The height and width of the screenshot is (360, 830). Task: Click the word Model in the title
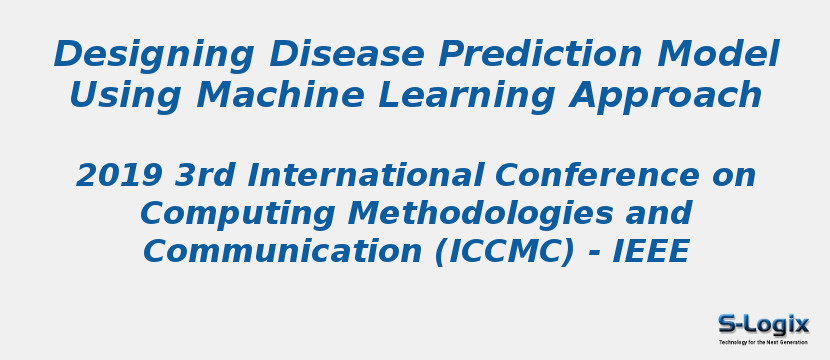728,54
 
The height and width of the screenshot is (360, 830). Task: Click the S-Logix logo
763,323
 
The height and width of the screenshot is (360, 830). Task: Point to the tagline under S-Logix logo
763,342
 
